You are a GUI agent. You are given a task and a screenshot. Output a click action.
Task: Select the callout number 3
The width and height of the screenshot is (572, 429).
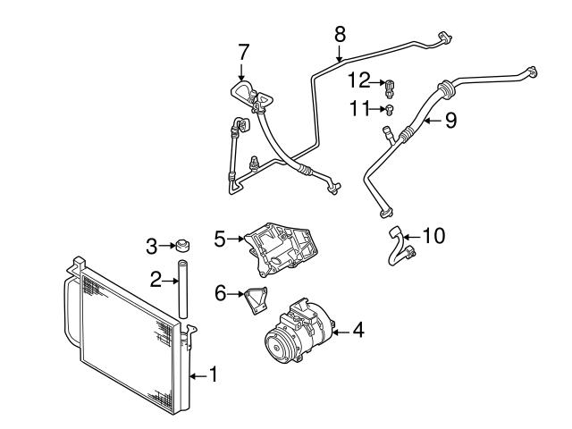[x=152, y=245]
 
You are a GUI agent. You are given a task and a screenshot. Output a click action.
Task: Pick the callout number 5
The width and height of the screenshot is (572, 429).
[x=220, y=238]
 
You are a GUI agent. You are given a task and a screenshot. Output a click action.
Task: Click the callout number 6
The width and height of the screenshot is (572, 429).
[x=220, y=291]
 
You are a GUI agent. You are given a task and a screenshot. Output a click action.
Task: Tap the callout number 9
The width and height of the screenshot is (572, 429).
[x=450, y=119]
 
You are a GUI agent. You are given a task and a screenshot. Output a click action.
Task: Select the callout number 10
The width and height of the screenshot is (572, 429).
[x=433, y=236]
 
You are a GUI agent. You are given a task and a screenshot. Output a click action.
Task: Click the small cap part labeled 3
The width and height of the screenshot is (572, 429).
[x=181, y=245]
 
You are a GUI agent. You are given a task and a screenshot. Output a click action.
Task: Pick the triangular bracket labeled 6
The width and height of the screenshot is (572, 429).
[x=254, y=300]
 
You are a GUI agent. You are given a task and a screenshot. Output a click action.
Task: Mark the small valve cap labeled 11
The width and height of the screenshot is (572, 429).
[x=391, y=110]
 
